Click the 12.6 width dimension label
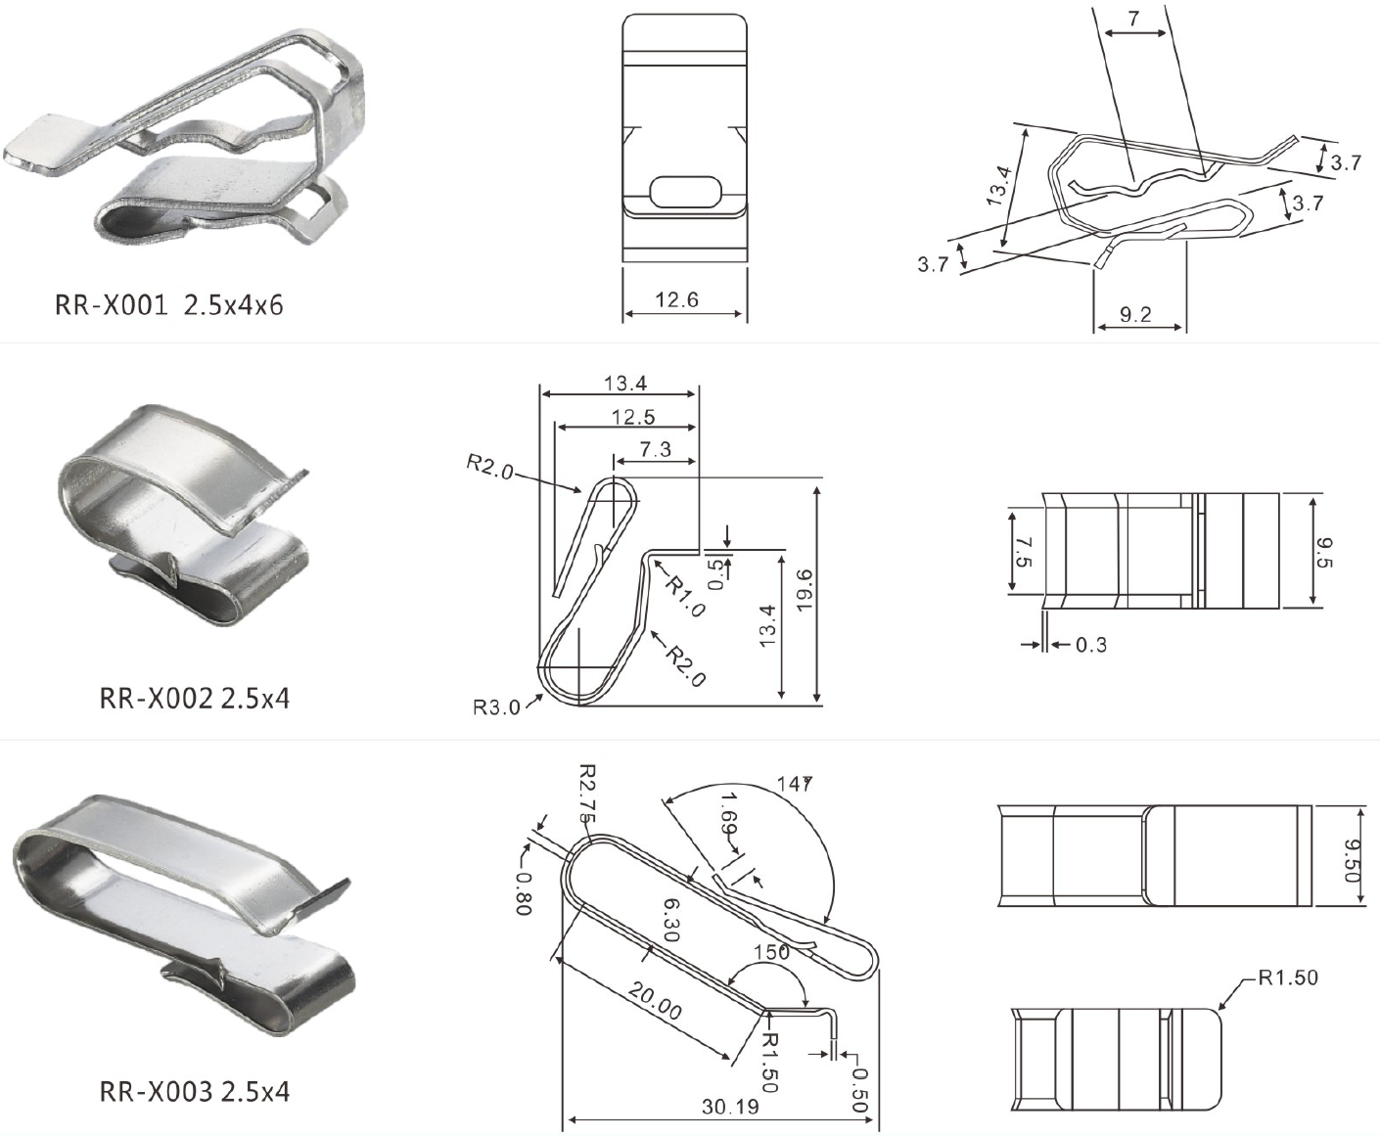(x=676, y=299)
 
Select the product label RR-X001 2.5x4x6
(x=168, y=305)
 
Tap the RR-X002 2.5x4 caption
(x=194, y=699)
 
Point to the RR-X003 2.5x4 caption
(x=194, y=1091)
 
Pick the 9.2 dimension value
(x=1135, y=315)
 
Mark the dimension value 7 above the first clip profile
(x=1133, y=19)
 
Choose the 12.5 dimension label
(x=632, y=418)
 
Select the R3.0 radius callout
(x=496, y=707)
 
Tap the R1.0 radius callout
(x=685, y=596)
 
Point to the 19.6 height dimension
(x=805, y=590)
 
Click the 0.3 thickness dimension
(x=1090, y=645)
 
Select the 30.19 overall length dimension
(x=730, y=1108)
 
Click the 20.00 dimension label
(x=655, y=1002)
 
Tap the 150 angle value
(x=771, y=952)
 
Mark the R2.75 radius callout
(x=586, y=793)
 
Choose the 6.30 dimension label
(x=670, y=920)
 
